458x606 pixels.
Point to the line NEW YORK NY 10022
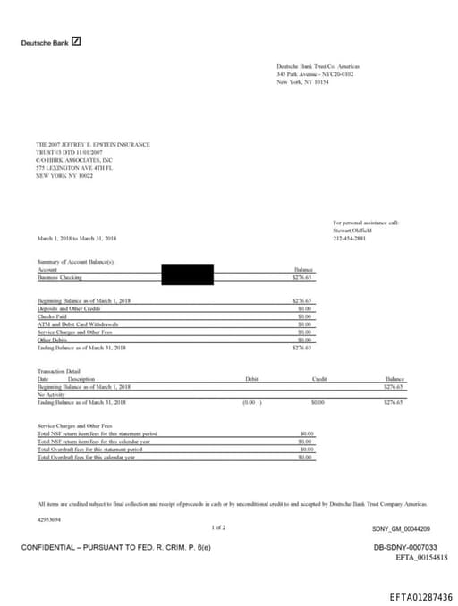tap(64, 176)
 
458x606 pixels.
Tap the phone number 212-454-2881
tap(349, 238)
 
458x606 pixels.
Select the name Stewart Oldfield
tap(352, 230)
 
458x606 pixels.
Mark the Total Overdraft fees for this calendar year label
tap(86, 457)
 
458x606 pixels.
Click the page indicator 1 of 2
tap(219, 527)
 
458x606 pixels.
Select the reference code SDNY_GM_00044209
tap(401, 529)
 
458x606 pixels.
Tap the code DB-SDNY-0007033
tap(405, 546)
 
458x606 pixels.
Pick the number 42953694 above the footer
tap(50, 518)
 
